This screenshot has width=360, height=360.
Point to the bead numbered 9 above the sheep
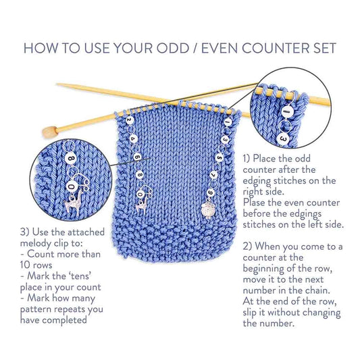(x=211, y=191)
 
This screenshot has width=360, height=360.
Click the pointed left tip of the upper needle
(x=58, y=86)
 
